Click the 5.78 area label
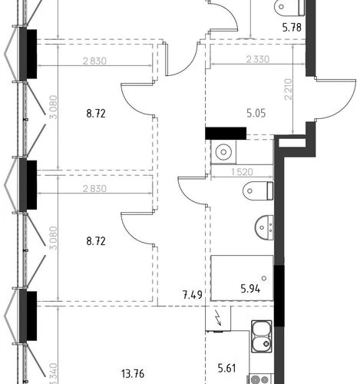pyautogui.click(x=292, y=27)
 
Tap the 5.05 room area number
pyautogui.click(x=256, y=113)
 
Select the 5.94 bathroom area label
pyautogui.click(x=250, y=289)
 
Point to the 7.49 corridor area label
pyautogui.click(x=193, y=295)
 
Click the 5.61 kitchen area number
pyautogui.click(x=226, y=369)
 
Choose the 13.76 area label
pyautogui.click(x=133, y=374)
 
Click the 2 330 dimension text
pyautogui.click(x=258, y=59)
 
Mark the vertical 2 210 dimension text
pyautogui.click(x=288, y=89)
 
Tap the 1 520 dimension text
pyautogui.click(x=242, y=172)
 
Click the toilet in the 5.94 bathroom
pyautogui.click(x=258, y=190)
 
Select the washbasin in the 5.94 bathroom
pyautogui.click(x=264, y=227)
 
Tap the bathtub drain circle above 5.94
pyautogui.click(x=264, y=278)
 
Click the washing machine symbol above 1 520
pyautogui.click(x=223, y=152)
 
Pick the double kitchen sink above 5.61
pyautogui.click(x=261, y=336)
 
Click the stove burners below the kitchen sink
pyautogui.click(x=260, y=379)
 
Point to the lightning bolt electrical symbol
pyautogui.click(x=219, y=318)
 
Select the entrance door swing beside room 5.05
pyautogui.click(x=335, y=98)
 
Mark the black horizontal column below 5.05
pyautogui.click(x=226, y=134)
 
